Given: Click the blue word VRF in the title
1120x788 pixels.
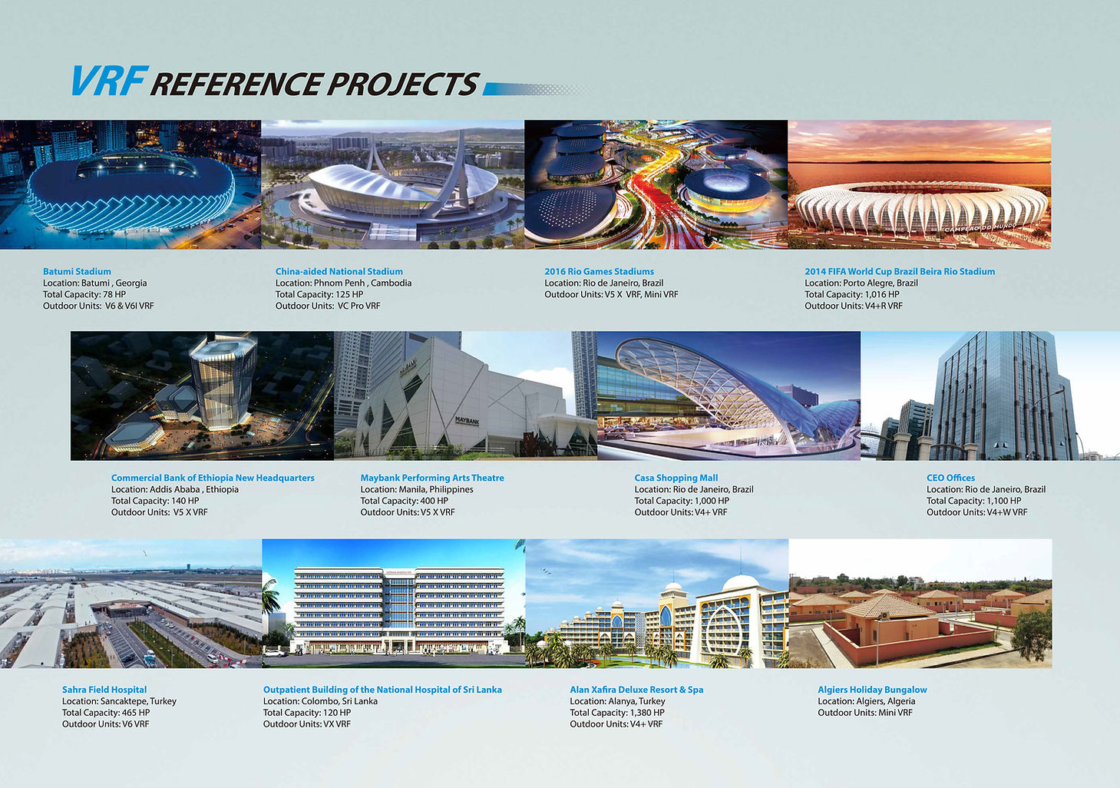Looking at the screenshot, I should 107,81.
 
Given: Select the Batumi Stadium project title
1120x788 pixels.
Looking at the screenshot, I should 77,271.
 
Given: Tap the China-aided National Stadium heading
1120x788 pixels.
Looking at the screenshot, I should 339,271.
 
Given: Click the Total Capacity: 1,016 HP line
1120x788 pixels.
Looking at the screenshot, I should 851,294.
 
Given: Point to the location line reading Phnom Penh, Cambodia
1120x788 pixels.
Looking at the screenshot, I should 343,283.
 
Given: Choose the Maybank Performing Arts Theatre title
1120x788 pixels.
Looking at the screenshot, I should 432,478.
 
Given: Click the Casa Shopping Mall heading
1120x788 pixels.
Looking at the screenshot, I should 676,478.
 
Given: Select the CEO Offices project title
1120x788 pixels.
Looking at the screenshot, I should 950,478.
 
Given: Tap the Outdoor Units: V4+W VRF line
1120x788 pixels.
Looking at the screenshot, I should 976,512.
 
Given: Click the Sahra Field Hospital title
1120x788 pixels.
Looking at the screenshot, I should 104,690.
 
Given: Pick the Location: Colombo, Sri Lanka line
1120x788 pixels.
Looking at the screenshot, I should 320,701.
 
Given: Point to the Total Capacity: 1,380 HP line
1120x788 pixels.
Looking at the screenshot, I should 616,713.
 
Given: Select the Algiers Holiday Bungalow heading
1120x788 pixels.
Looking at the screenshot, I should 872,690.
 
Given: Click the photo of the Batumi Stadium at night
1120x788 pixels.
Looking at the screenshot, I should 131,184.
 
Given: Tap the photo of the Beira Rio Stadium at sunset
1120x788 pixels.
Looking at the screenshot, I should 920,184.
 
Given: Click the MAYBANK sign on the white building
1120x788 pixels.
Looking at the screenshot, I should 467,421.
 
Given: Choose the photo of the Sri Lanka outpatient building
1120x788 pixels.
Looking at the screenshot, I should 394,603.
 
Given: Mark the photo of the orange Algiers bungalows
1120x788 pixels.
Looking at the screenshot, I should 920,603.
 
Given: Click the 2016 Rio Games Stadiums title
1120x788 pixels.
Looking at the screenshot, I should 599,271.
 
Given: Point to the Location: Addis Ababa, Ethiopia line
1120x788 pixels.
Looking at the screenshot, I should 174,489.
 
